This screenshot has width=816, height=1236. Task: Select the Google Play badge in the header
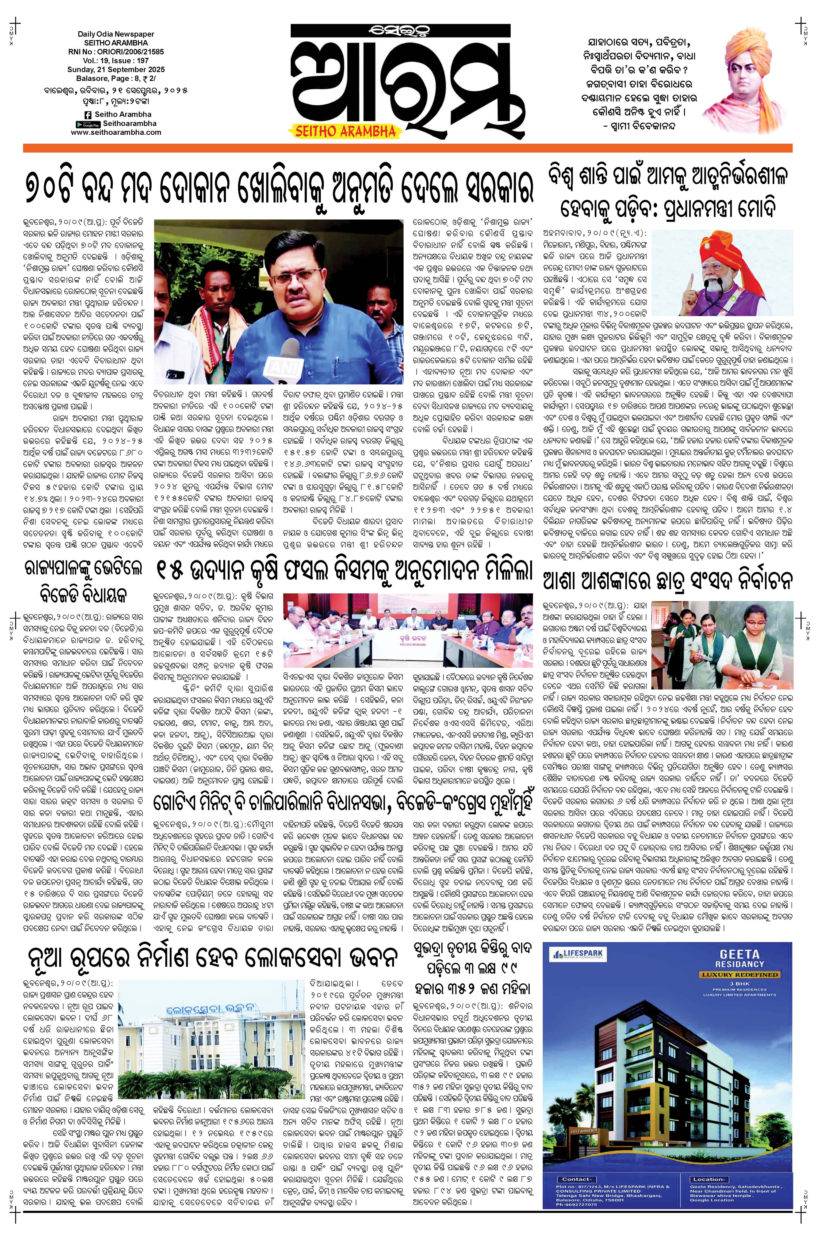(87, 124)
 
